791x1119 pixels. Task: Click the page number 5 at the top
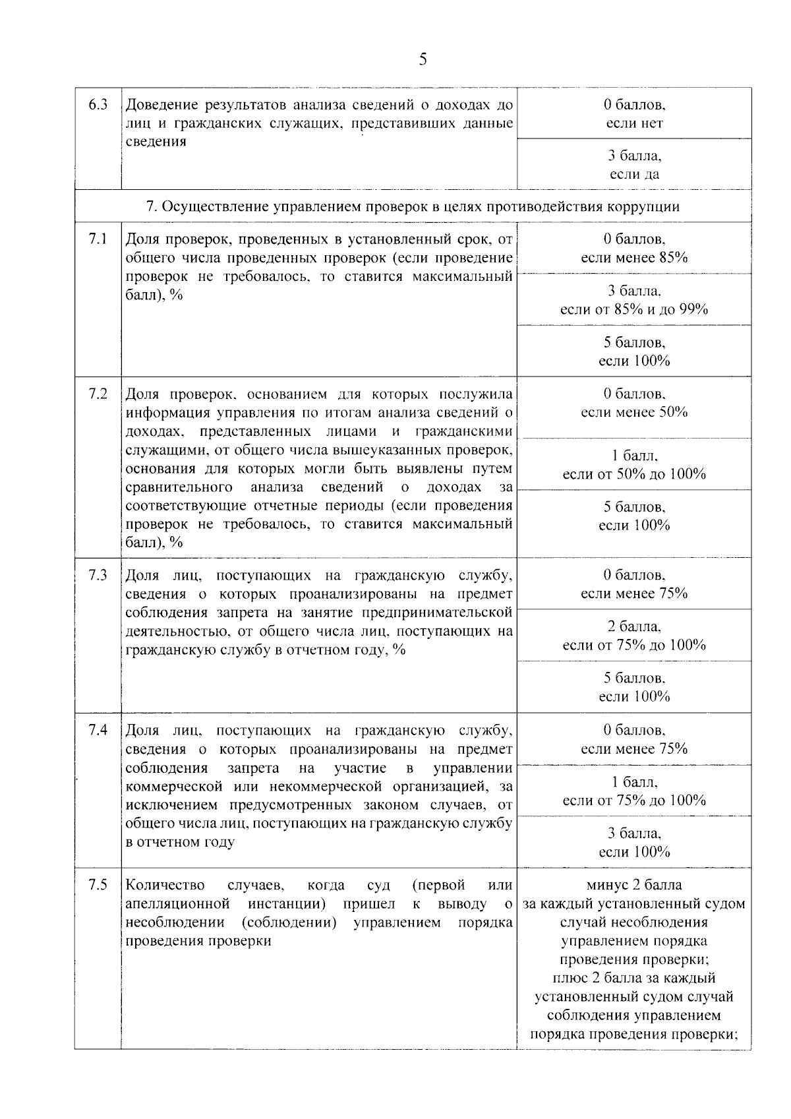coord(423,60)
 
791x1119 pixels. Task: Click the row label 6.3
coord(98,105)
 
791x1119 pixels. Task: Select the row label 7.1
coord(98,239)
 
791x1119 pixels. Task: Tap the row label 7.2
coord(98,394)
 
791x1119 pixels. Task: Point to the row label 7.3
coord(98,575)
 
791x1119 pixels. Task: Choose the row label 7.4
coord(98,731)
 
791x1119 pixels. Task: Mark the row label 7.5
coord(98,885)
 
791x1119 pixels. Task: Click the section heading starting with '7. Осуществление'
coord(413,206)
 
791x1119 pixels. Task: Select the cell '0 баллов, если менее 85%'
coord(634,249)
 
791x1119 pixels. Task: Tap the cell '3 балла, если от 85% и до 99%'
coord(634,300)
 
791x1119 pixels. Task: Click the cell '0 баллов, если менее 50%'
coord(634,403)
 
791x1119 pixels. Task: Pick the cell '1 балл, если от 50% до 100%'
coord(634,465)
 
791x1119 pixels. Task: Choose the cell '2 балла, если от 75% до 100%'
coord(634,636)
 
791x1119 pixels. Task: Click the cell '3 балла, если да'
coord(634,165)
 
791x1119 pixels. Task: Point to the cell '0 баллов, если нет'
coord(634,113)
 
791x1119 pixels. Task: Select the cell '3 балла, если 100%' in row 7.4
coord(634,842)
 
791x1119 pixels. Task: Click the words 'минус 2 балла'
coord(634,885)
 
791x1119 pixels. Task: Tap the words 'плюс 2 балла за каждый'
coord(634,978)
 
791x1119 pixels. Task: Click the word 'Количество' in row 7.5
coord(165,885)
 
